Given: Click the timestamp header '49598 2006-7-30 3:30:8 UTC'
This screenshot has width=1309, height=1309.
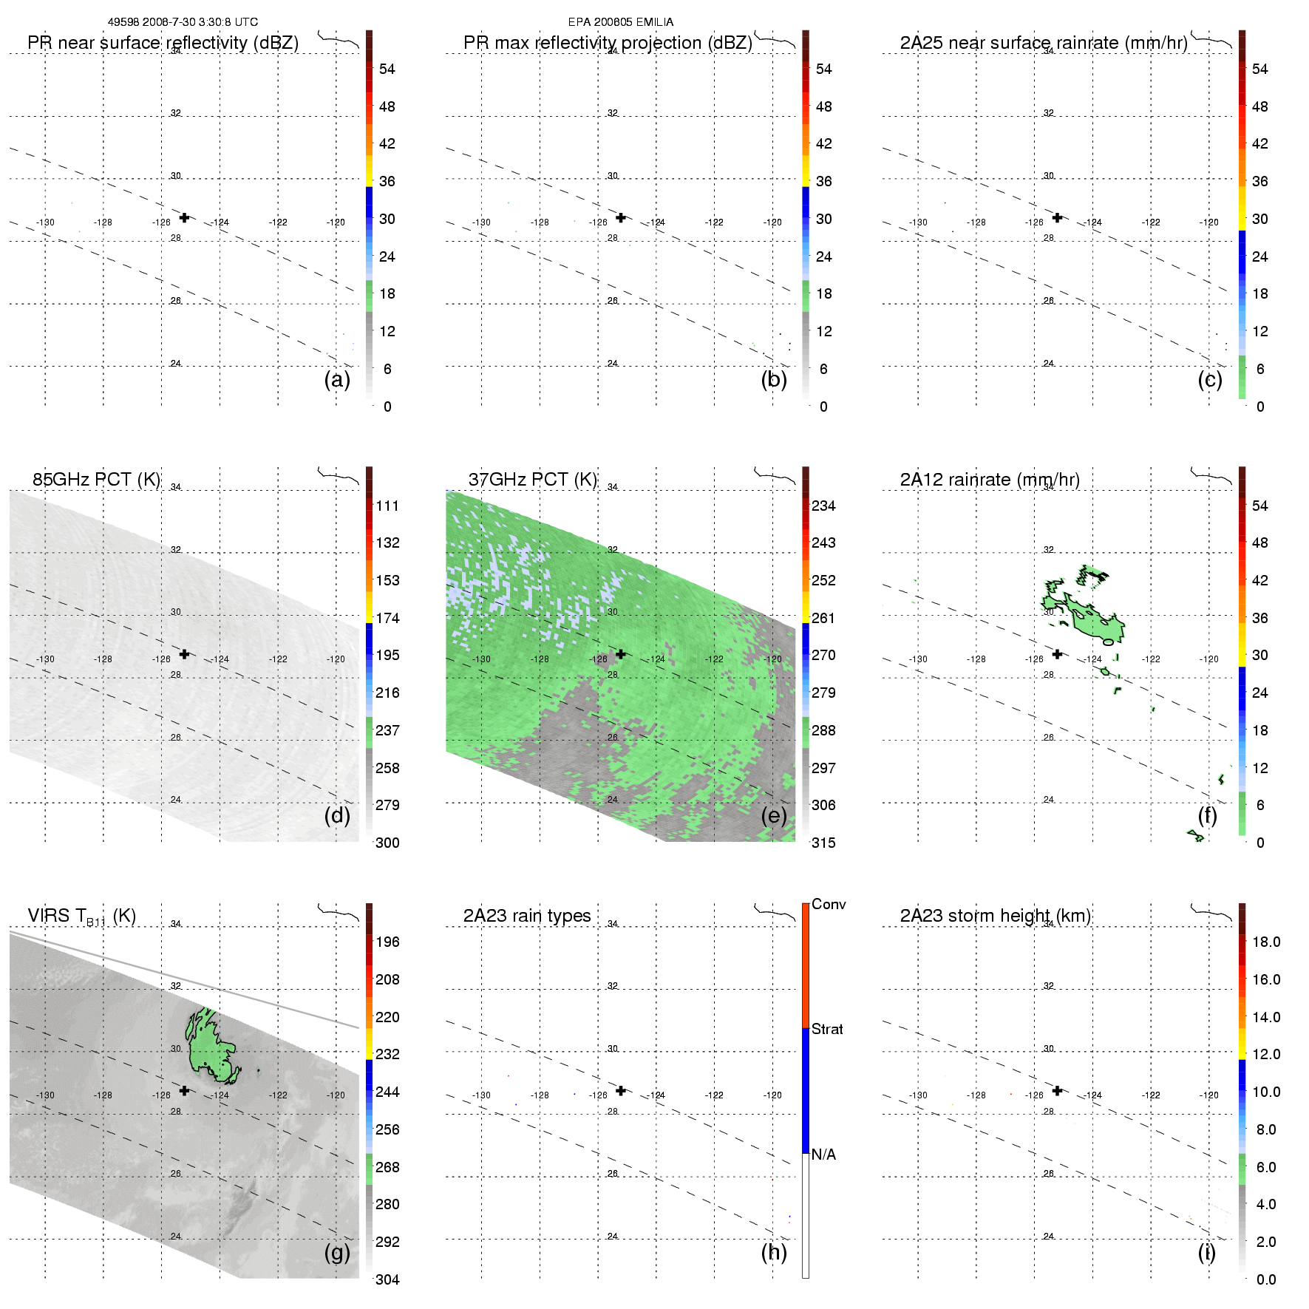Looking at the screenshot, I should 183,22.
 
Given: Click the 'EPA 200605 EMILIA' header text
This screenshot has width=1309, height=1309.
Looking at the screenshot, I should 620,22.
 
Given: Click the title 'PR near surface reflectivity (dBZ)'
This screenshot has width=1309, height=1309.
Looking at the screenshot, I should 163,43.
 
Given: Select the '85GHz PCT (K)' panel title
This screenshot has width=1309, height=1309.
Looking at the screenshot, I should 96,479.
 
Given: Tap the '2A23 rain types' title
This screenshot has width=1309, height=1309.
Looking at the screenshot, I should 526,916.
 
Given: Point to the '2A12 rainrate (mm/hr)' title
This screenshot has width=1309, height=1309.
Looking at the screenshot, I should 989,480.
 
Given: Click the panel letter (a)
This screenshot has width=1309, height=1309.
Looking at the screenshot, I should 337,379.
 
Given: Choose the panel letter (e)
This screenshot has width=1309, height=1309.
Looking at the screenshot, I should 774,815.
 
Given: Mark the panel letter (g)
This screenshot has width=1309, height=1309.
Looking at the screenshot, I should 337,1252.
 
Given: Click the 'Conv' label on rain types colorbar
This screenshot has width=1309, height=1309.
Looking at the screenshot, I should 829,904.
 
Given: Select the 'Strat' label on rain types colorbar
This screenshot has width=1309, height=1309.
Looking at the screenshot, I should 827,1029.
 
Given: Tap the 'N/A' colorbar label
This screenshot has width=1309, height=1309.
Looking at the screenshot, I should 823,1155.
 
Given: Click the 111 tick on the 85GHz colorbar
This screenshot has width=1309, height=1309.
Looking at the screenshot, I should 387,506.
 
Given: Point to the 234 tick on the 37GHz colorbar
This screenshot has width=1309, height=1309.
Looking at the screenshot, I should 823,506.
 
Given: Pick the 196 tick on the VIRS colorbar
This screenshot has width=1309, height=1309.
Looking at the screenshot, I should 387,942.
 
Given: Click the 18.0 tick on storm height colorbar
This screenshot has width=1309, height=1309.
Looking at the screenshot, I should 1265,942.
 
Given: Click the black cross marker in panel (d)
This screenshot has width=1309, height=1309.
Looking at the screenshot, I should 184,654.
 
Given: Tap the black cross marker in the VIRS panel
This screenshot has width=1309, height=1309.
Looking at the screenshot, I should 184,1090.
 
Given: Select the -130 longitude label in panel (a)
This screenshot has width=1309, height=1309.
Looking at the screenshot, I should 45,222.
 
